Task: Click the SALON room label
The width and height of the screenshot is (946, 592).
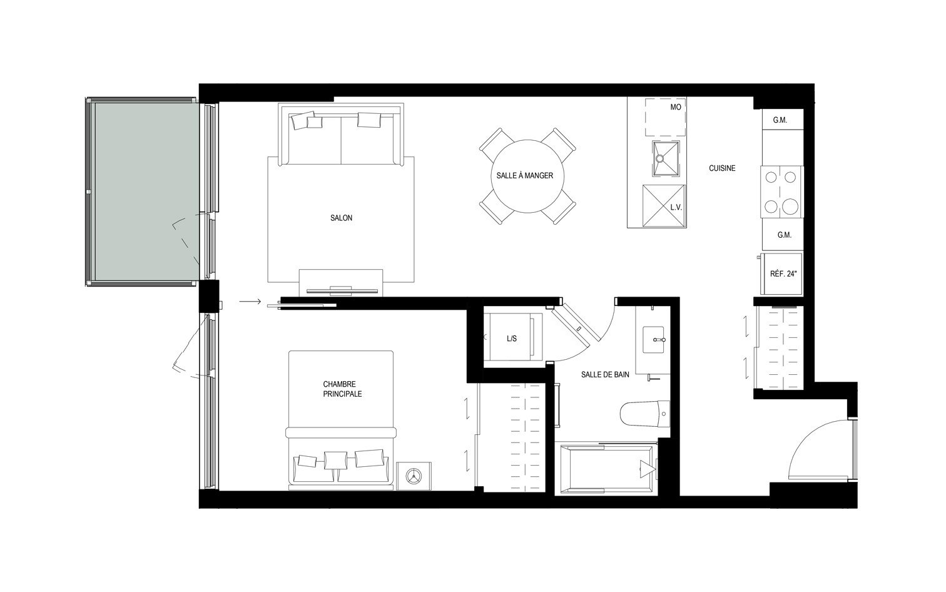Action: [341, 218]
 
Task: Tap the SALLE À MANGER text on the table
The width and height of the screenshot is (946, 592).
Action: [524, 176]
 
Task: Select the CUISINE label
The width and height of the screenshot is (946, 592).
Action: [722, 168]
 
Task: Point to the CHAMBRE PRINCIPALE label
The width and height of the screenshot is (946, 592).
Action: [342, 389]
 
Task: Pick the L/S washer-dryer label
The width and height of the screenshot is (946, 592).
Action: [511, 339]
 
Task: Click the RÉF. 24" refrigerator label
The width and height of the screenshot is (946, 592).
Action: [783, 274]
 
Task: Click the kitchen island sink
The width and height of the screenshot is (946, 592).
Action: [665, 159]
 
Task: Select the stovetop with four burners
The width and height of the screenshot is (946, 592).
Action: [782, 191]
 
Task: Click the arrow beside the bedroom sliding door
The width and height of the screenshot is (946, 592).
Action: [250, 303]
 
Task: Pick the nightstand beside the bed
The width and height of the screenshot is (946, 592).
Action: [414, 476]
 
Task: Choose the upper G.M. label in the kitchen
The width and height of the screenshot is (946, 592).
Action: [780, 120]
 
